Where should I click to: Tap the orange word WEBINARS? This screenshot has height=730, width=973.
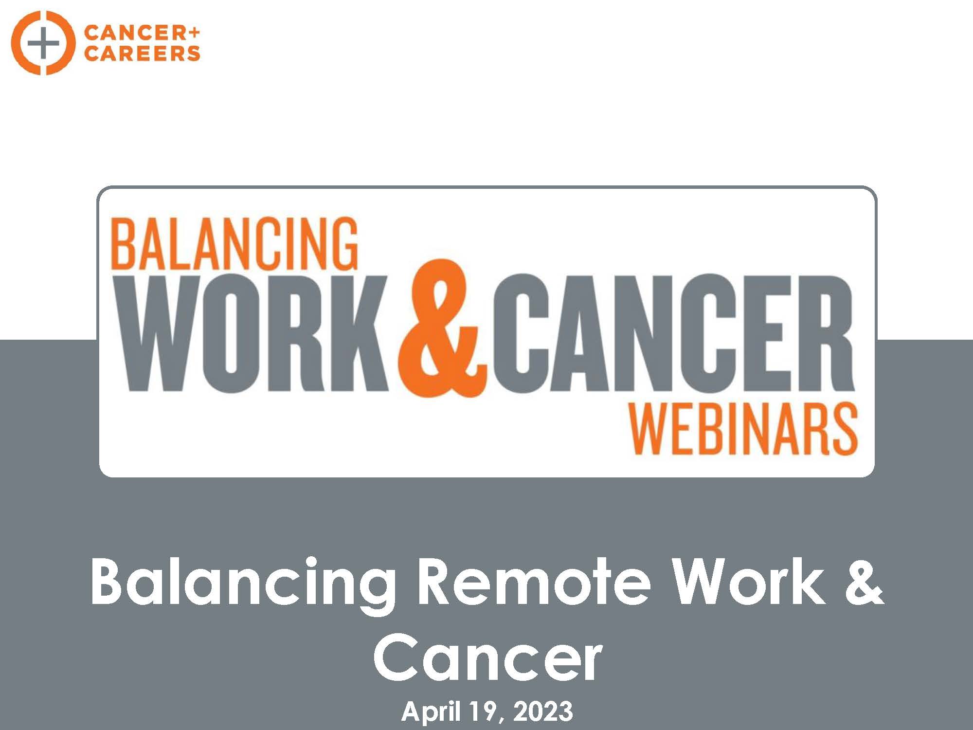745,429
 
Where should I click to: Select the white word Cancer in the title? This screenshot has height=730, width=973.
488,657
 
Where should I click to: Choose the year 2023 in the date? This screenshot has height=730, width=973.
543,712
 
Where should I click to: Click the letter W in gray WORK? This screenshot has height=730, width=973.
160,333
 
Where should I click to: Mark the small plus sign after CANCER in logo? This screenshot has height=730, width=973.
194,33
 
